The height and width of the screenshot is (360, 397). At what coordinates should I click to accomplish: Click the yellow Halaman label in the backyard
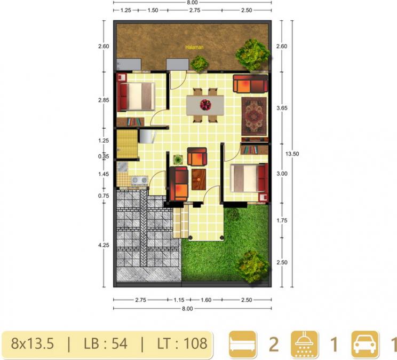click(x=194, y=47)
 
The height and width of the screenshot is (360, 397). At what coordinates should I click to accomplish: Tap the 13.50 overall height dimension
click(x=292, y=154)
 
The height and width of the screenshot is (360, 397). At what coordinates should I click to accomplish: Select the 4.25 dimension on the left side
click(x=104, y=245)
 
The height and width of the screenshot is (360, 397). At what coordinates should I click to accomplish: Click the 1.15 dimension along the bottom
click(x=179, y=300)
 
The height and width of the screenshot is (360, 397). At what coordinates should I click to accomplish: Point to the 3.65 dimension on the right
click(x=282, y=108)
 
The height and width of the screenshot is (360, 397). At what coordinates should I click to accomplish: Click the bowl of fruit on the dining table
click(x=205, y=105)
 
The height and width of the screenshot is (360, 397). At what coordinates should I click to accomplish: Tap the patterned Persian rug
click(x=254, y=116)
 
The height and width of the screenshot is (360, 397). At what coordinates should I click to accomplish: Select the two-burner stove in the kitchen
click(x=139, y=180)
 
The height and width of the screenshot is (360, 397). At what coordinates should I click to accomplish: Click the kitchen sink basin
click(x=123, y=167)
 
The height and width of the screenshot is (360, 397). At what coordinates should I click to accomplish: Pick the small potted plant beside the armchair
click(x=178, y=160)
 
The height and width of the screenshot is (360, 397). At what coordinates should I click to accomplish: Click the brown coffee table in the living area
click(x=198, y=179)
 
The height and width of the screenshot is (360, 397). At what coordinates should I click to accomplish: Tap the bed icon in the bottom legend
click(x=243, y=345)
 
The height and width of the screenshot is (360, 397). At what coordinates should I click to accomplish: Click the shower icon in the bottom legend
click(x=304, y=345)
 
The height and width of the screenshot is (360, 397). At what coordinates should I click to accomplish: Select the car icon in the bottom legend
click(x=366, y=345)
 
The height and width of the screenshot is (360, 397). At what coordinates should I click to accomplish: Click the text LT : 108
click(x=182, y=344)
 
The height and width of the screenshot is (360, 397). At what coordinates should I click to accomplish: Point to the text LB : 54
click(x=106, y=344)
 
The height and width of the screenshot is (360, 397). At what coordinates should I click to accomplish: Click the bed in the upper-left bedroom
click(x=136, y=97)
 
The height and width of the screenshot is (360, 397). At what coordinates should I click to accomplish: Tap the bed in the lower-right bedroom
click(x=249, y=178)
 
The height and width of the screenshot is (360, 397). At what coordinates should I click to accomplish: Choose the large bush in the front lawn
click(x=252, y=266)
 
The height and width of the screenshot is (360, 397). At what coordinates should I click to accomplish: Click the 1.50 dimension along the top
click(x=153, y=10)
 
